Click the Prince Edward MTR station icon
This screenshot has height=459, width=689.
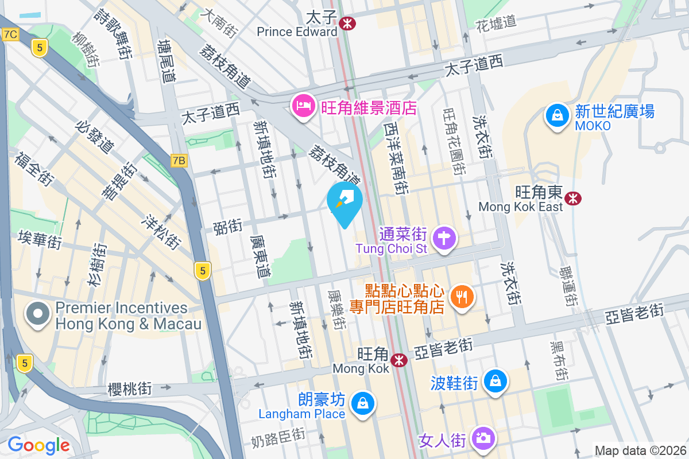click(347, 24)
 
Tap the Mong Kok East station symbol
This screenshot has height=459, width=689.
click(572, 199)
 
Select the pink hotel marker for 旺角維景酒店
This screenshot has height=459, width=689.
click(303, 106)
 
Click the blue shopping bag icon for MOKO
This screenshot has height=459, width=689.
click(556, 114)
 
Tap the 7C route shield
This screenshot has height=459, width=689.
click(10, 34)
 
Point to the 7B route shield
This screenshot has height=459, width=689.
click(179, 161)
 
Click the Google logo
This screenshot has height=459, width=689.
click(38, 445)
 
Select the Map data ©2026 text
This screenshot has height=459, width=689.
click(640, 450)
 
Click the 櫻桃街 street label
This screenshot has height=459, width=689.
click(130, 389)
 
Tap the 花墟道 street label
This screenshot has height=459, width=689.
click(496, 24)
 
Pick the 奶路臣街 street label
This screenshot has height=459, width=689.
click(278, 439)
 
